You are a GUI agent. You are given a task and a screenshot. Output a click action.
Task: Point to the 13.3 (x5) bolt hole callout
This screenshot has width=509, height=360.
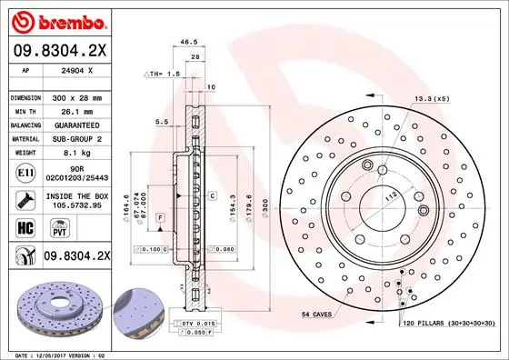coord(433,97)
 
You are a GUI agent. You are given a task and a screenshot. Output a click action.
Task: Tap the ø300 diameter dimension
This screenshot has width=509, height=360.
coord(264,212)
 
